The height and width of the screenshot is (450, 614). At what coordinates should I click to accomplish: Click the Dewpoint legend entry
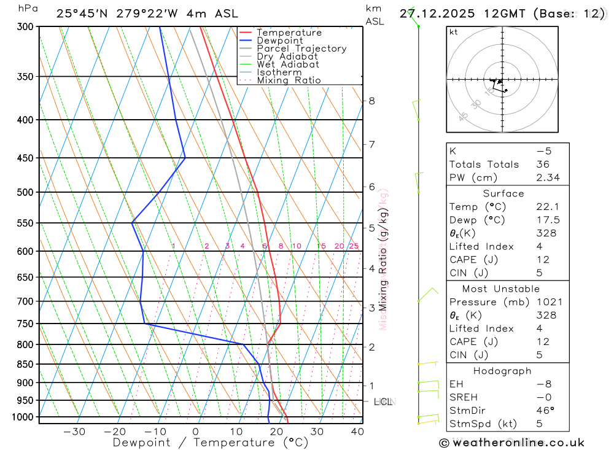click(x=279, y=41)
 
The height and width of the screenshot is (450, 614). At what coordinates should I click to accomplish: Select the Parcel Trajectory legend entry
click(x=301, y=48)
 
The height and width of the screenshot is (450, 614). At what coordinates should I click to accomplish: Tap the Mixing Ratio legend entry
click(x=289, y=80)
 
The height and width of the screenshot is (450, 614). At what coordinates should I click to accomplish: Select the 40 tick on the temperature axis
click(x=357, y=432)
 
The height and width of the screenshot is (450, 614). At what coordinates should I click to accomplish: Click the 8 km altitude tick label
click(x=371, y=101)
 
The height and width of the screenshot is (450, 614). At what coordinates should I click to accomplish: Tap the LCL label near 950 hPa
click(x=383, y=402)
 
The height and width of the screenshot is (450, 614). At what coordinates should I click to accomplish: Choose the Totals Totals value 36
click(x=542, y=165)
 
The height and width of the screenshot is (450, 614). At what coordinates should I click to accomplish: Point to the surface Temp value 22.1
click(x=548, y=207)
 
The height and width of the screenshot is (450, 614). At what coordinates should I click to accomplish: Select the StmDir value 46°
click(x=545, y=411)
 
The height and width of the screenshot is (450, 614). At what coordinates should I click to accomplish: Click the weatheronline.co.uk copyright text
click(x=511, y=443)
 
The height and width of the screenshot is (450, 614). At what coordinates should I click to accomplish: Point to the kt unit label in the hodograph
click(x=453, y=32)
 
